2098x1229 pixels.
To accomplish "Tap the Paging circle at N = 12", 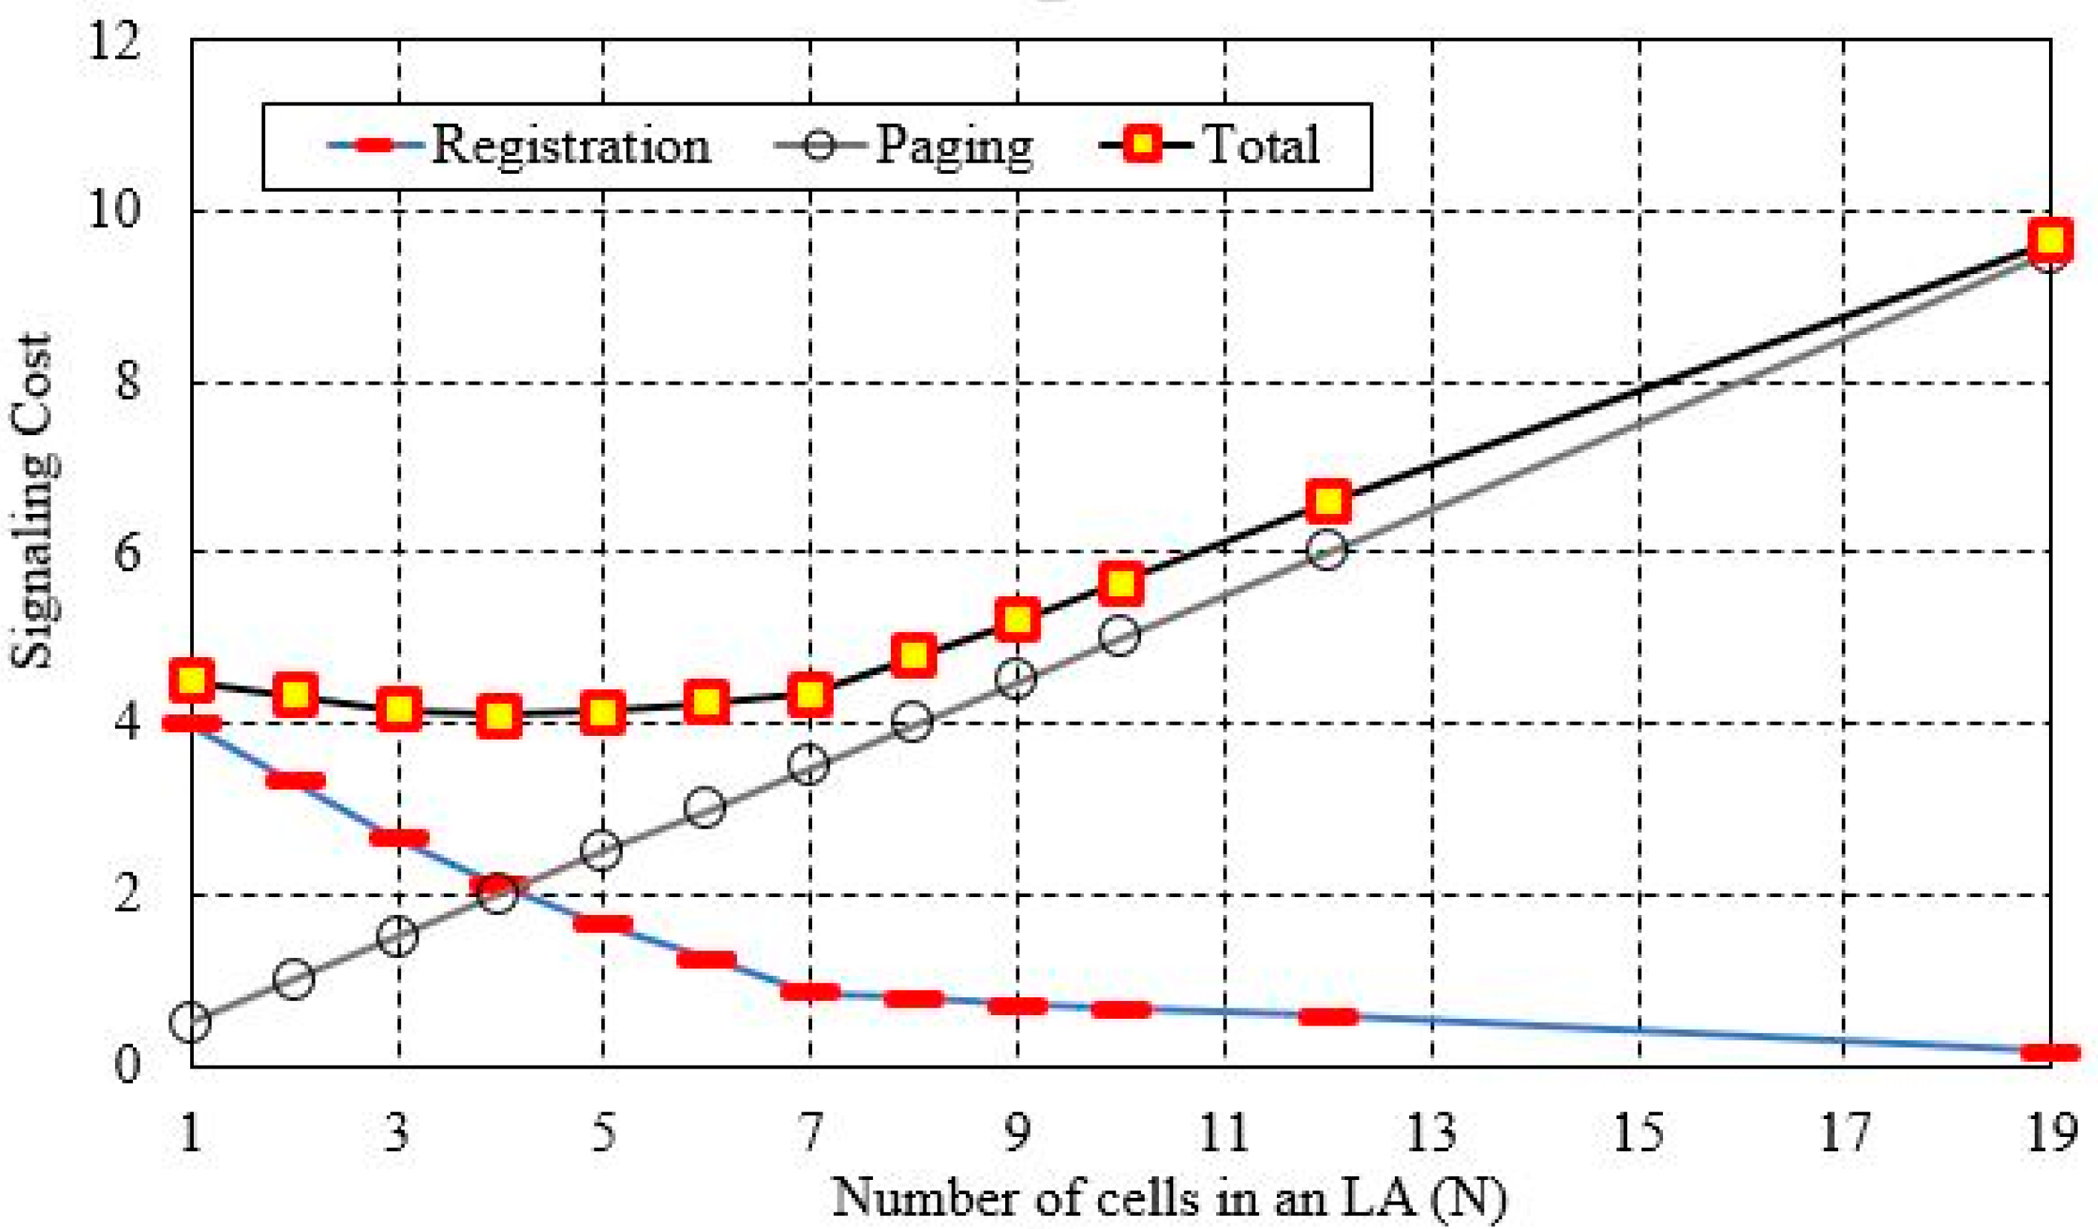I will (x=1328, y=550).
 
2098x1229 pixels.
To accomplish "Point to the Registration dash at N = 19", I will (x=2050, y=1053).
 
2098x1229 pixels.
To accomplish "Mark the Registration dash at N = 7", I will (x=810, y=991).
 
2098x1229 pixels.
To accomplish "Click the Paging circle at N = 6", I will (x=706, y=807).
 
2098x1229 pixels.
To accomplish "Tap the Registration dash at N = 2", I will (x=295, y=781).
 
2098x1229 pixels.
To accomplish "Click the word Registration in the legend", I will (x=571, y=146).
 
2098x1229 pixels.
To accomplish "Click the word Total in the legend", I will (x=1262, y=146).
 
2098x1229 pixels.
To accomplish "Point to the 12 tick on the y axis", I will (x=117, y=40).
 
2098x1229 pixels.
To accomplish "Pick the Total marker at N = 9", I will (x=1017, y=619).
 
